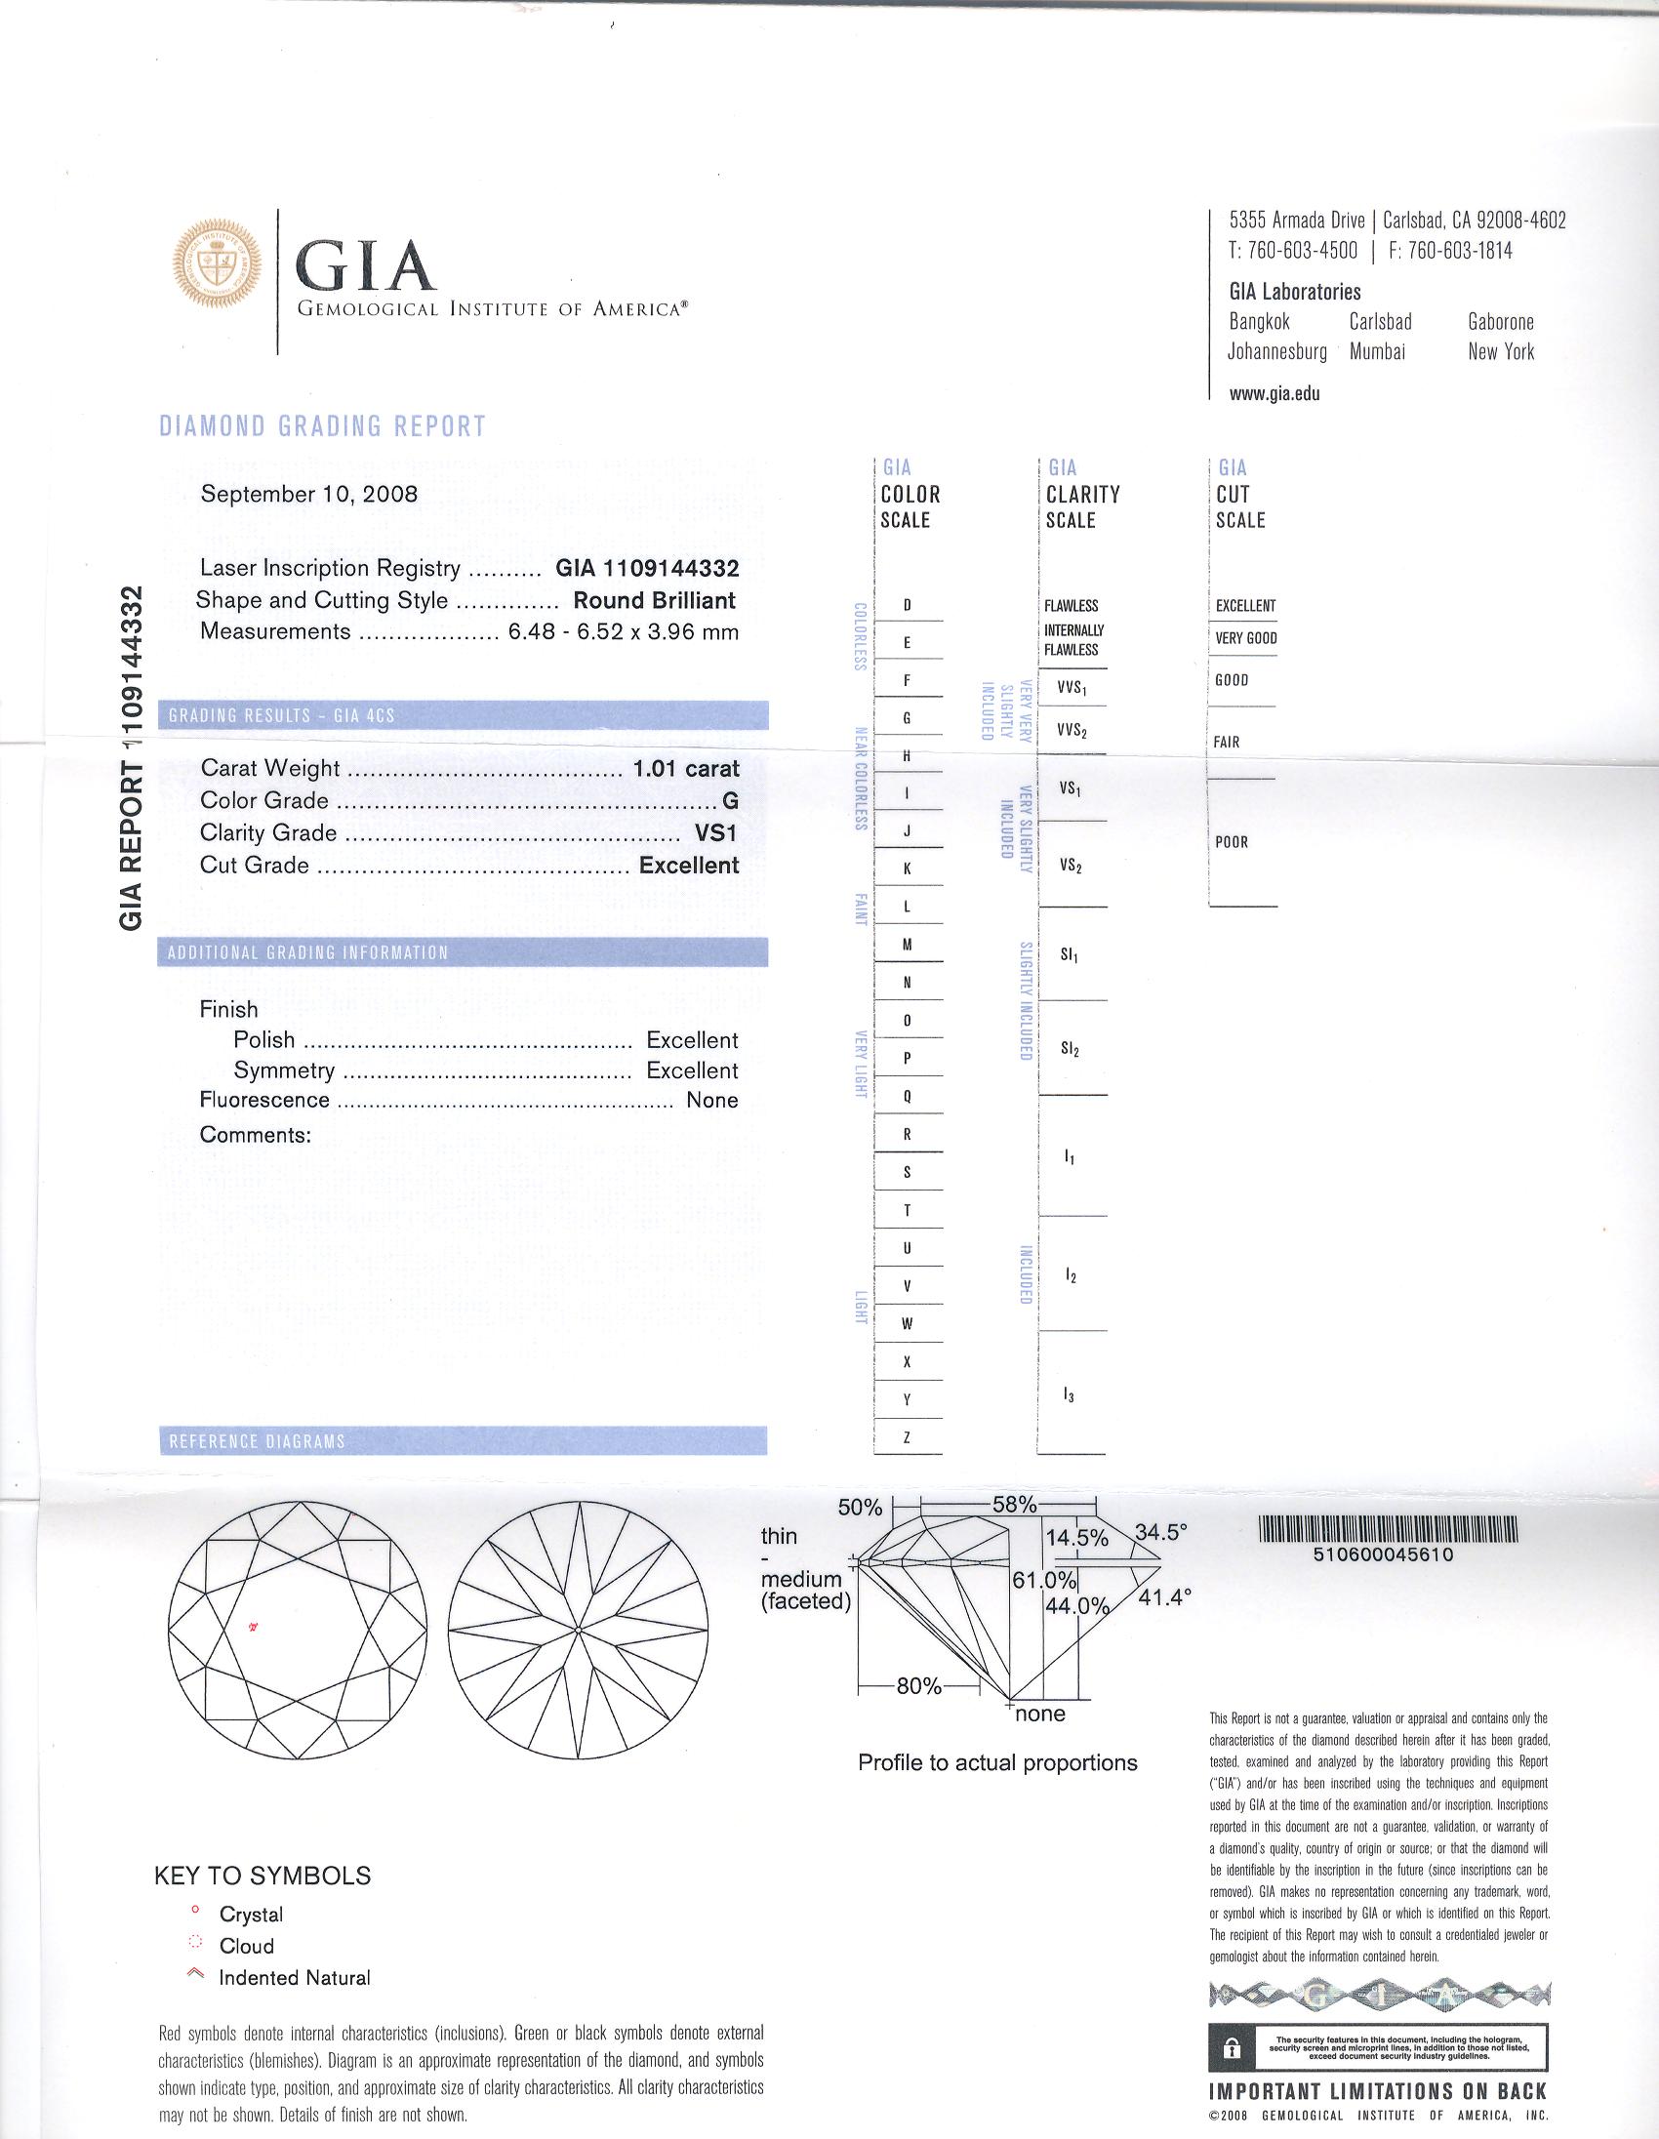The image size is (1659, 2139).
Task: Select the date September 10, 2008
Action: [x=308, y=494]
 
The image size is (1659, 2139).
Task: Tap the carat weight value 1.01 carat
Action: [x=685, y=769]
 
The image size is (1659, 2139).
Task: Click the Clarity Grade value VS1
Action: [x=716, y=833]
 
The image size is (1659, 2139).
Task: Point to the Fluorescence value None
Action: [x=712, y=1100]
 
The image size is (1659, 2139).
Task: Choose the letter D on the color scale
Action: [x=907, y=605]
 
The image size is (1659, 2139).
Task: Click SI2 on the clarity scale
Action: [x=1070, y=1049]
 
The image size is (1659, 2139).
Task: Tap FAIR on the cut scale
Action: [x=1226, y=743]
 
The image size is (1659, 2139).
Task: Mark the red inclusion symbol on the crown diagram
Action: [x=253, y=1628]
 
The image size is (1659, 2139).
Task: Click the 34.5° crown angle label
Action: [x=1160, y=1532]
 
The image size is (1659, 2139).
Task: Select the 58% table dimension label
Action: [x=1015, y=1505]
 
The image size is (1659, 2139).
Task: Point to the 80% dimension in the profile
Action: [x=918, y=1686]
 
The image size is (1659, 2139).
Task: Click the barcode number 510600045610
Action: [x=1386, y=1554]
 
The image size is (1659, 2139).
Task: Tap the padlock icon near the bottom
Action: [x=1233, y=2049]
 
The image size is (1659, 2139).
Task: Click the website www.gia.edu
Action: [x=1275, y=393]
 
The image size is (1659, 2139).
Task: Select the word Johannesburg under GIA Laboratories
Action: [x=1277, y=351]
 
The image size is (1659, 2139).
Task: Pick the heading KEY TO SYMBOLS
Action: [x=263, y=1876]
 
